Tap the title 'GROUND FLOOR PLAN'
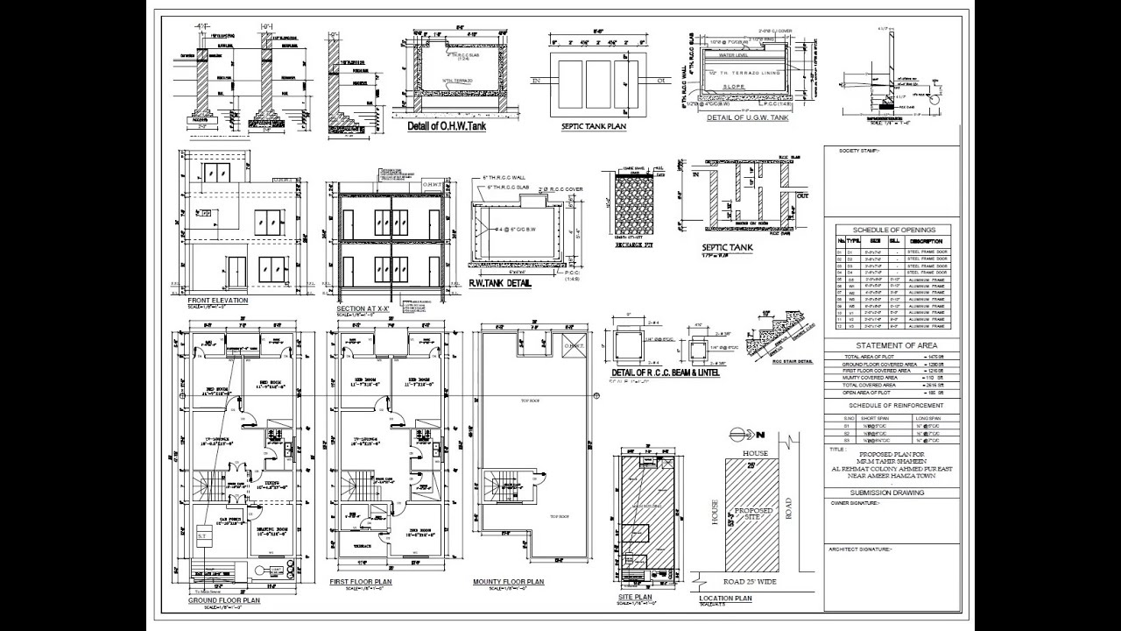click(x=224, y=600)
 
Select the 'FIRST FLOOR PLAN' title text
click(x=361, y=582)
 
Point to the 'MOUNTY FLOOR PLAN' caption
click(x=508, y=582)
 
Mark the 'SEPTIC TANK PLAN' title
click(x=593, y=126)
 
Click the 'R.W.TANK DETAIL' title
click(x=500, y=283)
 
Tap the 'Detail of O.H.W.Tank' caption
click(x=447, y=127)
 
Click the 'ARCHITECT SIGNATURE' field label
click(x=860, y=549)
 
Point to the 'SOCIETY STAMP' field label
click(x=860, y=151)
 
